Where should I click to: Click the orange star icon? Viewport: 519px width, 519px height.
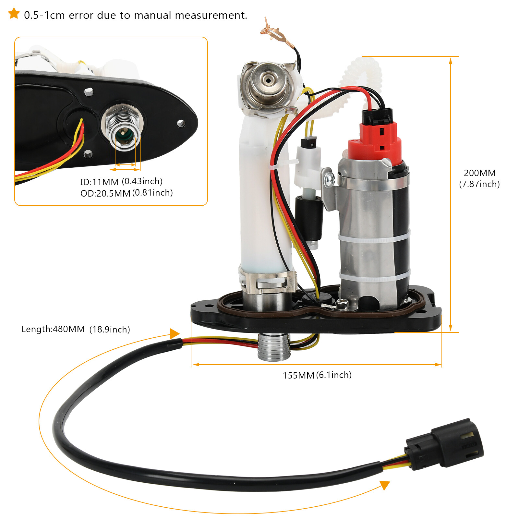point(14,14)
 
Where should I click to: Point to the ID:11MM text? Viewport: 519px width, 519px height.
point(99,182)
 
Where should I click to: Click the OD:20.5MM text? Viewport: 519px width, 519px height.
point(105,193)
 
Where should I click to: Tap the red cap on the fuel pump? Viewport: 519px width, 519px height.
point(376,143)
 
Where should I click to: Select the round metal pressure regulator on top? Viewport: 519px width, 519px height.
point(268,84)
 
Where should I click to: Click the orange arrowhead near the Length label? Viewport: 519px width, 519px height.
point(175,333)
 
